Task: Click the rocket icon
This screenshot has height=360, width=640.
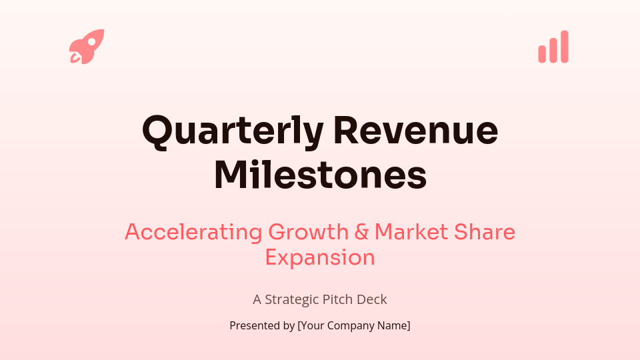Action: tap(86, 47)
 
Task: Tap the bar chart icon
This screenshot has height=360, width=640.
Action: tap(553, 47)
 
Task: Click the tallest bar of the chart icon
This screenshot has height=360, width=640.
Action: tap(564, 47)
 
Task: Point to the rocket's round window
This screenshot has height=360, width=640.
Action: tap(91, 42)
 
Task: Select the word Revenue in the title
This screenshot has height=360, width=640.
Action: tap(415, 131)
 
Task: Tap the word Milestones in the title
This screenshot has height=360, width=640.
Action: tap(320, 175)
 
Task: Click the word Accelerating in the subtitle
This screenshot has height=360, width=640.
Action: tap(193, 232)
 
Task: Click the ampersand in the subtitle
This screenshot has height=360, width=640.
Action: tap(361, 232)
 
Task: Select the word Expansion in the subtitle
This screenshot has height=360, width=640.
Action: tap(320, 257)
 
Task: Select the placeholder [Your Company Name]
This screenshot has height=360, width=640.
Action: tap(354, 326)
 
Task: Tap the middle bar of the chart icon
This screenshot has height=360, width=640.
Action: tap(553, 51)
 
